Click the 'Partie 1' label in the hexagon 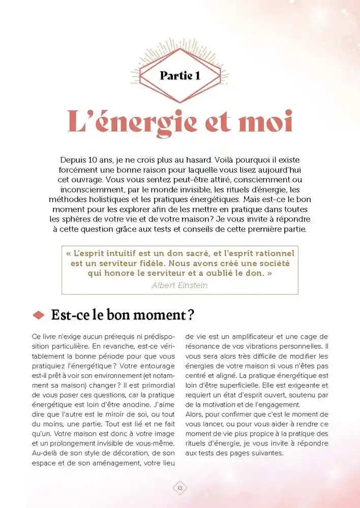(x=179, y=76)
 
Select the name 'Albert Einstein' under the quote (x=179, y=285)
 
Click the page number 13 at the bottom (x=179, y=488)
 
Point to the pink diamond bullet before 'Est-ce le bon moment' (x=39, y=315)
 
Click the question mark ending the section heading (x=190, y=315)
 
